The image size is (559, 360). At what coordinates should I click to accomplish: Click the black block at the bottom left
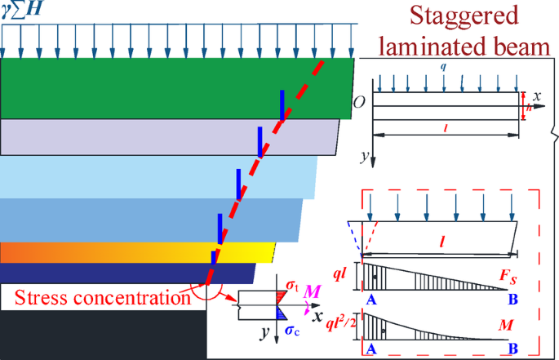[x=98, y=335]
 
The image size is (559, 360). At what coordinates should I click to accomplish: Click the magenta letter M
[x=313, y=291]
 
